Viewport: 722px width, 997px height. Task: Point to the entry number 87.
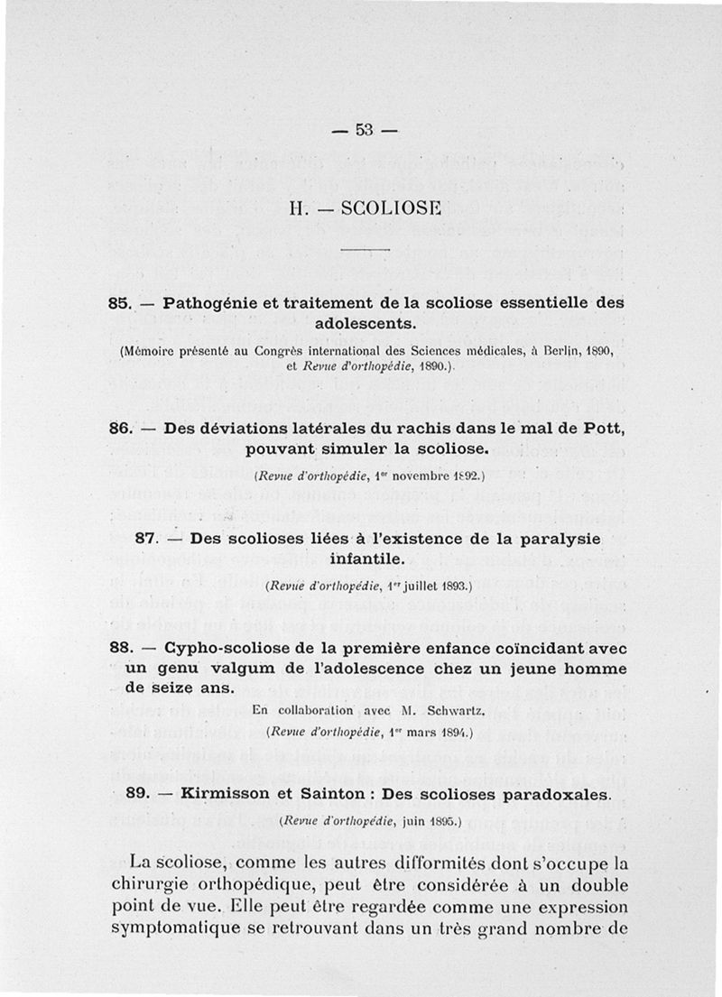pyautogui.click(x=146, y=538)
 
